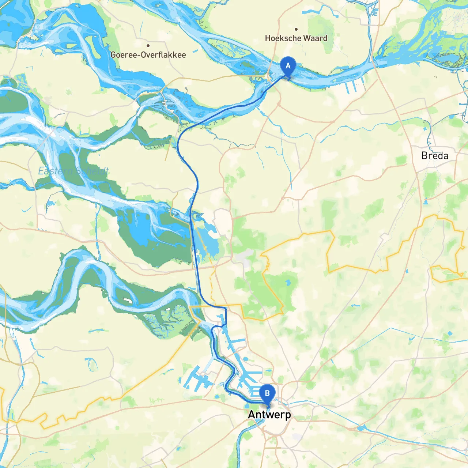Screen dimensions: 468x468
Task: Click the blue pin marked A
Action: click(x=288, y=66)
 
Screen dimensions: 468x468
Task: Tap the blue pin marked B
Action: click(x=267, y=393)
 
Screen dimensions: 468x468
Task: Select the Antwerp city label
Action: click(x=269, y=415)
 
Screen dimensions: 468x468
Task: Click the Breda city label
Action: click(x=435, y=156)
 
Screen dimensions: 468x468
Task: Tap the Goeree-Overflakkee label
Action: click(x=148, y=55)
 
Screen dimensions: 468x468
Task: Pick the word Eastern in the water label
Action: click(x=53, y=171)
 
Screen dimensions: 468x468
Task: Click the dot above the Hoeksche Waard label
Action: click(x=296, y=29)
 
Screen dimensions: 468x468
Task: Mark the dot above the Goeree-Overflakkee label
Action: click(x=148, y=46)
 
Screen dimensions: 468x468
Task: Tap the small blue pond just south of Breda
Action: click(x=426, y=201)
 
